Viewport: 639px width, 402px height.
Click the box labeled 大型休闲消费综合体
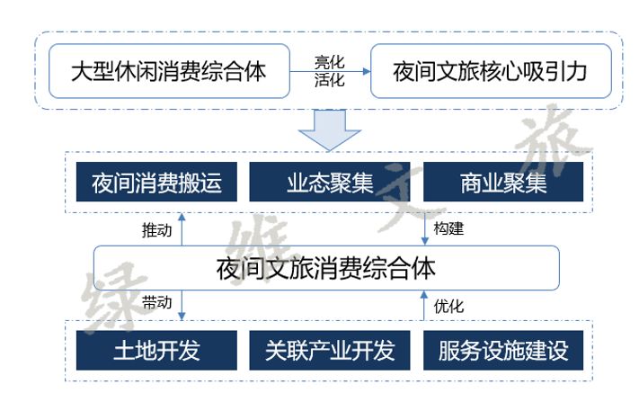[168, 71]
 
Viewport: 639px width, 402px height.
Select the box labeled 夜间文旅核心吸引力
[490, 71]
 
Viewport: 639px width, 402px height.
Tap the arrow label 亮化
[329, 62]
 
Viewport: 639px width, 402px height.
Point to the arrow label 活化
[329, 79]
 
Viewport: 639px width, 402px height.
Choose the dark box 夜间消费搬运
[156, 184]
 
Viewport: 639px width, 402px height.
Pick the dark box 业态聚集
[330, 184]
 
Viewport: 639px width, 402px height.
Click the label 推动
[156, 229]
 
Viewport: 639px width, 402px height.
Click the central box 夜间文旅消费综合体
[326, 267]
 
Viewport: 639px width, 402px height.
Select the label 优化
[448, 306]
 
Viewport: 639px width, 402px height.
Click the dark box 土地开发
[156, 351]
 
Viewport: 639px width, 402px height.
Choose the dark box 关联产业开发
[330, 351]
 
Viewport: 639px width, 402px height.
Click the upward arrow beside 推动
[182, 229]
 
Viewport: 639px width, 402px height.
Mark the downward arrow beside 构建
[424, 228]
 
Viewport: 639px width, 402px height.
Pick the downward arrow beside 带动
[182, 304]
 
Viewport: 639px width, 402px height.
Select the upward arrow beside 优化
[424, 306]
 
